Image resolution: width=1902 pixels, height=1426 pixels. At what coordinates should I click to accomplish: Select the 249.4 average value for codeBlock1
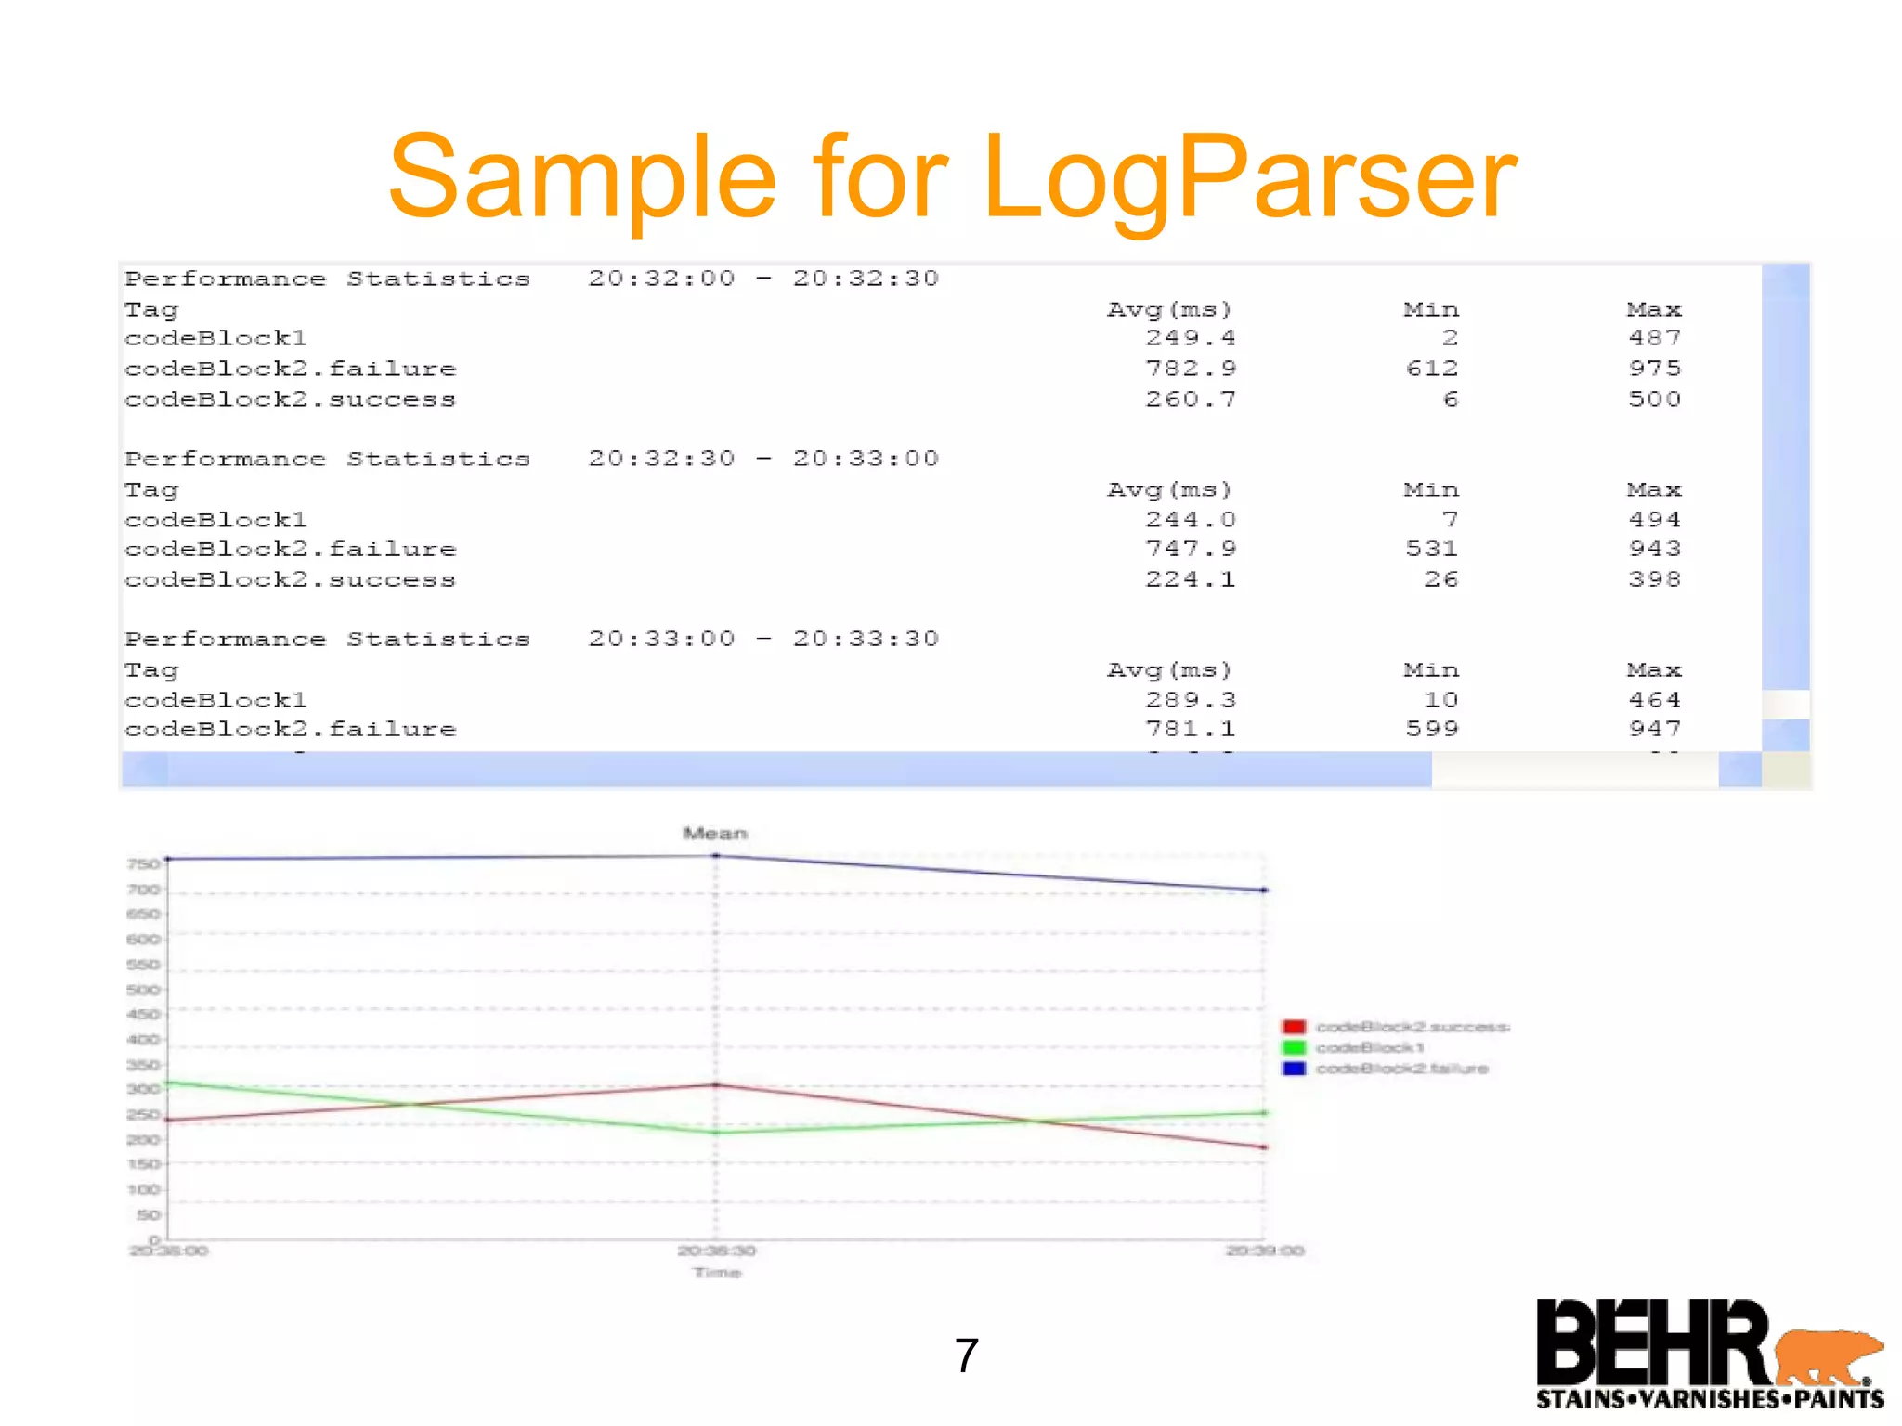[x=1190, y=338]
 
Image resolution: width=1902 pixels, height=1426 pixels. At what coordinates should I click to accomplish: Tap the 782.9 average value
[x=1190, y=369]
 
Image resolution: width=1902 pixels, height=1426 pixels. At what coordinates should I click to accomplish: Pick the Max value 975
[x=1654, y=369]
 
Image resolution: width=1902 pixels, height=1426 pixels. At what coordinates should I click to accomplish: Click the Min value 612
[x=1431, y=369]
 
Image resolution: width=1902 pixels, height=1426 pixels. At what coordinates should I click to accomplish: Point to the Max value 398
[x=1654, y=579]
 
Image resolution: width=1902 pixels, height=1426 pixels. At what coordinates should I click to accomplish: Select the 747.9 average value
[x=1190, y=549]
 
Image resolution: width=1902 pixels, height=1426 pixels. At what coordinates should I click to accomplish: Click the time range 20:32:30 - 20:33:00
[x=763, y=459]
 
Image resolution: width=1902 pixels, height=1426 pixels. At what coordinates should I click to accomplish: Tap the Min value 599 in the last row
[x=1431, y=729]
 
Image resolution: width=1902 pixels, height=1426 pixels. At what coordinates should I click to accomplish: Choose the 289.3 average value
[x=1190, y=699]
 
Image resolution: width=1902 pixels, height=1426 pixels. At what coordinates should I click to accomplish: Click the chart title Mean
[x=715, y=834]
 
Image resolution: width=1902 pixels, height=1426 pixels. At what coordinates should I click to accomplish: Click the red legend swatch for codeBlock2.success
[x=1294, y=1027]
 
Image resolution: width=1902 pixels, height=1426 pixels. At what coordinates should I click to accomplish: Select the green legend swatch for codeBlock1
[x=1294, y=1048]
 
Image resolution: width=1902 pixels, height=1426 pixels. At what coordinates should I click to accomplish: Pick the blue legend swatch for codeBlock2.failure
[x=1294, y=1069]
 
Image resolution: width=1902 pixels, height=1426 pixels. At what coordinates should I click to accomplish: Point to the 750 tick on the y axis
[x=143, y=864]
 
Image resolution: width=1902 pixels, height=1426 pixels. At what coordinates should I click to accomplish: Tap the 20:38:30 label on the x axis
[x=716, y=1251]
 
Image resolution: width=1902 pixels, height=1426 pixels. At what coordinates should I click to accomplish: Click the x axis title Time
[x=717, y=1273]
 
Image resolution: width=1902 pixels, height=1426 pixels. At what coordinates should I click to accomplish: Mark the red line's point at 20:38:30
[x=715, y=1084]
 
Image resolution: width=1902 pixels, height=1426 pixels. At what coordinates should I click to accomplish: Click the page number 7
[x=966, y=1355]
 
